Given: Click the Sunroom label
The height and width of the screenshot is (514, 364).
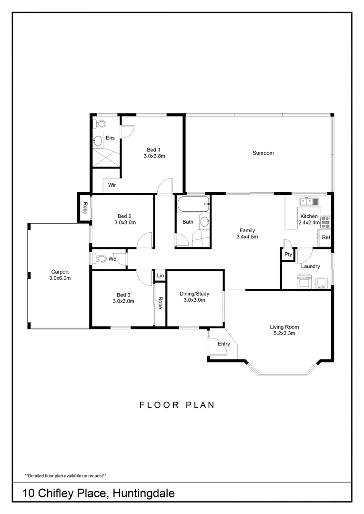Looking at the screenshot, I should click(263, 153).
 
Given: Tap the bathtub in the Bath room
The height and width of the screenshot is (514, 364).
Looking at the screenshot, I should click(193, 206).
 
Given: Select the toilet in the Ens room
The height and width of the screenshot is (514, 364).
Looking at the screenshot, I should click(100, 124).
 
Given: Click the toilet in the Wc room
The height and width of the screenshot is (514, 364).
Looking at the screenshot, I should click(100, 259).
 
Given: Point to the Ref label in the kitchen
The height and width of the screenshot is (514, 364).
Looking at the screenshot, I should click(326, 237).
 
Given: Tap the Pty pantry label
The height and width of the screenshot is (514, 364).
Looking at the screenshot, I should click(288, 255).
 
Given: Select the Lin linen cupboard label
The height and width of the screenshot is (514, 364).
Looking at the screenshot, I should click(160, 276).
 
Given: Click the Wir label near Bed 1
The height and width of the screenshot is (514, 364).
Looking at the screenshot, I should click(112, 185).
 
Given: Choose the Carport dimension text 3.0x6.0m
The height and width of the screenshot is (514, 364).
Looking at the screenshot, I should click(60, 278).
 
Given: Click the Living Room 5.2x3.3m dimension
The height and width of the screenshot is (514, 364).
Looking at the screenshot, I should click(284, 334).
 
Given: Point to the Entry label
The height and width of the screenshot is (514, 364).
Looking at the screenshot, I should click(223, 344).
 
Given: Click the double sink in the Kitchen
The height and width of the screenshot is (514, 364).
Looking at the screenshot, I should click(309, 202).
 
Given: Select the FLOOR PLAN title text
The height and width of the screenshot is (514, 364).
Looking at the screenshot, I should click(177, 405).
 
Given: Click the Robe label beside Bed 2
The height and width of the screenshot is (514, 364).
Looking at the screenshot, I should click(85, 208).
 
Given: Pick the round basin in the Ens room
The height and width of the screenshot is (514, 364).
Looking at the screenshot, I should click(99, 140).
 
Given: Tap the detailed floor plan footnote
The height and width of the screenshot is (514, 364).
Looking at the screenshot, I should click(65, 475).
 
